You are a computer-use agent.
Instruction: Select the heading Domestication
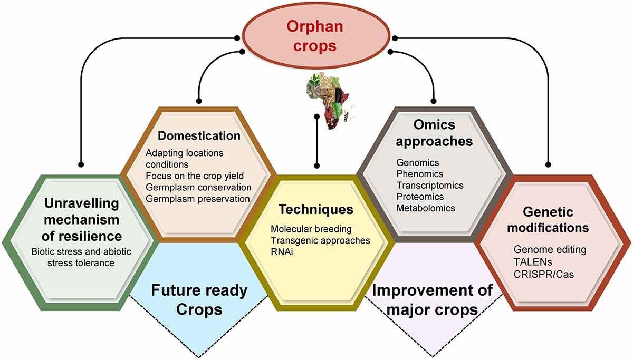199,135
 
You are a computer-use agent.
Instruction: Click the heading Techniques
316,209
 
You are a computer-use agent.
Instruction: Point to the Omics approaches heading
434,134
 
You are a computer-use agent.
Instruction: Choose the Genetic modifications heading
554,220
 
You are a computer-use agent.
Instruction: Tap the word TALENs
530,260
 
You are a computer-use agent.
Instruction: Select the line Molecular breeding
311,229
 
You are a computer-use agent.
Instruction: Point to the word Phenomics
420,174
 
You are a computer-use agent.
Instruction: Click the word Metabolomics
425,208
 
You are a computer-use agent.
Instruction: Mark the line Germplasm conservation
198,187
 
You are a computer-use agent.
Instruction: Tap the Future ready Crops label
199,299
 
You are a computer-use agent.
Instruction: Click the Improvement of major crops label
433,299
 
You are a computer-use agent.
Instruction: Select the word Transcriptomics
430,185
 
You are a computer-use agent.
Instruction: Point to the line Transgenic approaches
320,240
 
